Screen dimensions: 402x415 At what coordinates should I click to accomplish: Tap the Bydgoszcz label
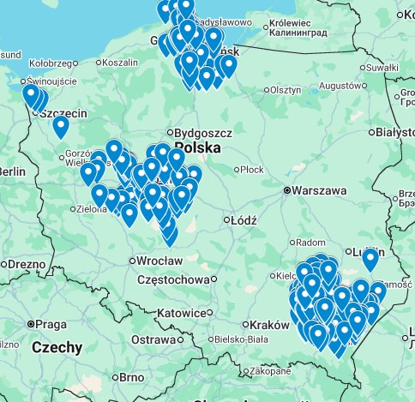[x=204, y=134]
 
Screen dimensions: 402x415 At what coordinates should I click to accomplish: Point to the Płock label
[x=251, y=170]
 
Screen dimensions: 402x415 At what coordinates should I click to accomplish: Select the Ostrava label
[x=153, y=340]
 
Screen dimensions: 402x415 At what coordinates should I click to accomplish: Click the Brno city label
[x=131, y=377]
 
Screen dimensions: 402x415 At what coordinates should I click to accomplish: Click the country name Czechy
[x=57, y=347]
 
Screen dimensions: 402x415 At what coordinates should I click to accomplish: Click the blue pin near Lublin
[x=370, y=257]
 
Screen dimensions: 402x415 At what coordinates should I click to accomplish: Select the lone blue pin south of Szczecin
[x=60, y=126]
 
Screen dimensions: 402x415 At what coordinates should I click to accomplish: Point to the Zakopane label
[x=270, y=371]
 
